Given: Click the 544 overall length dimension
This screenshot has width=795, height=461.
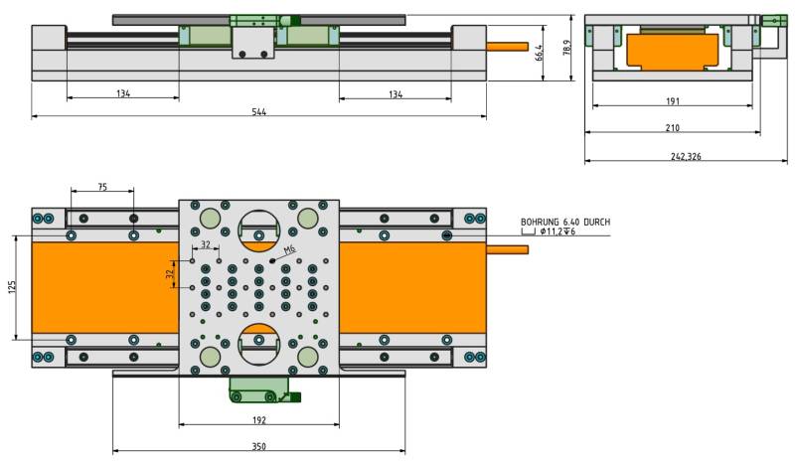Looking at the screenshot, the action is [259, 111].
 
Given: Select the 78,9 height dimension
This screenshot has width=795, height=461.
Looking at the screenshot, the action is [566, 47].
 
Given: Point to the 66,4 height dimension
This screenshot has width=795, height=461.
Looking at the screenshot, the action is [539, 53].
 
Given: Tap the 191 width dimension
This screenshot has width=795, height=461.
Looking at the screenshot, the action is [673, 101].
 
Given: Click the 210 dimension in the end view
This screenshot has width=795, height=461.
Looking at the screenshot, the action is [673, 128].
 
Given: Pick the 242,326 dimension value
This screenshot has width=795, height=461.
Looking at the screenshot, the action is [686, 156].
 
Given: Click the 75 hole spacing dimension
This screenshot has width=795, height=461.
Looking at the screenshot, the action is [102, 187].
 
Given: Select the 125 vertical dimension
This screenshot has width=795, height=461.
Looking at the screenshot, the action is [12, 287].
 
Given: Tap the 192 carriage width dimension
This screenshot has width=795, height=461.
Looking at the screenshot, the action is [259, 420].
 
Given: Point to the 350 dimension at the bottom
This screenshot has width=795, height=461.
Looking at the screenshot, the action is [259, 446].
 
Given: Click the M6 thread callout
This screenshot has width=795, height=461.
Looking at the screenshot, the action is [289, 249].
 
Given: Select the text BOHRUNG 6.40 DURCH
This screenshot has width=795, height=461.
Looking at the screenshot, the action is [565, 223].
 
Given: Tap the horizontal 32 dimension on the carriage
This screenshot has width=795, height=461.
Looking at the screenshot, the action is [206, 244].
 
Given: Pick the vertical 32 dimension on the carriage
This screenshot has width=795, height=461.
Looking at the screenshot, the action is [170, 274].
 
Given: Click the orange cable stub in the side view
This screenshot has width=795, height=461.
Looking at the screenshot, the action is [507, 47].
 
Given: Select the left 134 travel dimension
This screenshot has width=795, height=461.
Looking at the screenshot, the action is [123, 93].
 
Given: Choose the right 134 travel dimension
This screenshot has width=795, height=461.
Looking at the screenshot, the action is [396, 93].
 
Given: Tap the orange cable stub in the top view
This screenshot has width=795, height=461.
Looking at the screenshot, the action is [507, 249].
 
